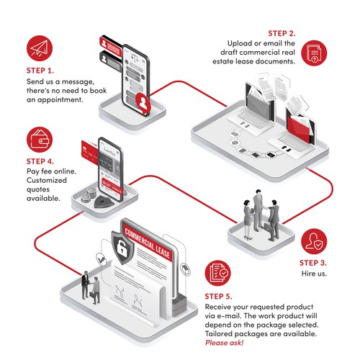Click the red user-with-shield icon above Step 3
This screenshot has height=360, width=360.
pos(314,241)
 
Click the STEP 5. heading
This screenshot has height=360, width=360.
pos(223,296)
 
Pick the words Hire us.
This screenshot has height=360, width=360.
pos(314,275)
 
